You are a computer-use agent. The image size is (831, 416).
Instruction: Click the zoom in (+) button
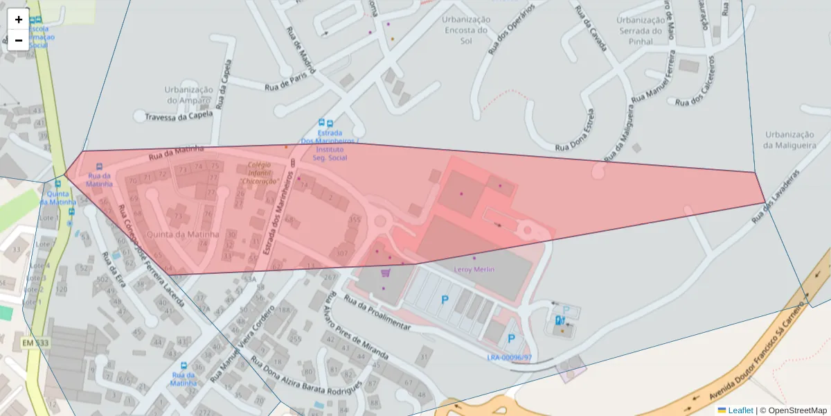coord(19,19)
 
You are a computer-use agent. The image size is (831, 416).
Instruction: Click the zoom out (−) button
coord(19,40)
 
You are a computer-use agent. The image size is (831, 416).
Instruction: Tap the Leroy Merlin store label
coord(474,269)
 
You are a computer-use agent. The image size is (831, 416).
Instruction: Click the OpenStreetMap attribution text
coord(797,410)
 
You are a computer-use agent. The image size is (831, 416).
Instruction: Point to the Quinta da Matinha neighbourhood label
coord(184,234)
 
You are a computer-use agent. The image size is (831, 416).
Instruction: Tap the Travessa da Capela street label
coord(178,117)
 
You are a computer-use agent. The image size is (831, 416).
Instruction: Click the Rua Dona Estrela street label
coord(574,129)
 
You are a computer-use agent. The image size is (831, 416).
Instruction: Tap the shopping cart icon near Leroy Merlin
coord(386,272)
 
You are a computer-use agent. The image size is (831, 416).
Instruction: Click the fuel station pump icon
coord(560,320)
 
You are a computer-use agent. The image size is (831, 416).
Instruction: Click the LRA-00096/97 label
coord(510,358)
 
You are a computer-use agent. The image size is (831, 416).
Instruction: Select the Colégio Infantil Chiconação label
coord(259,173)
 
